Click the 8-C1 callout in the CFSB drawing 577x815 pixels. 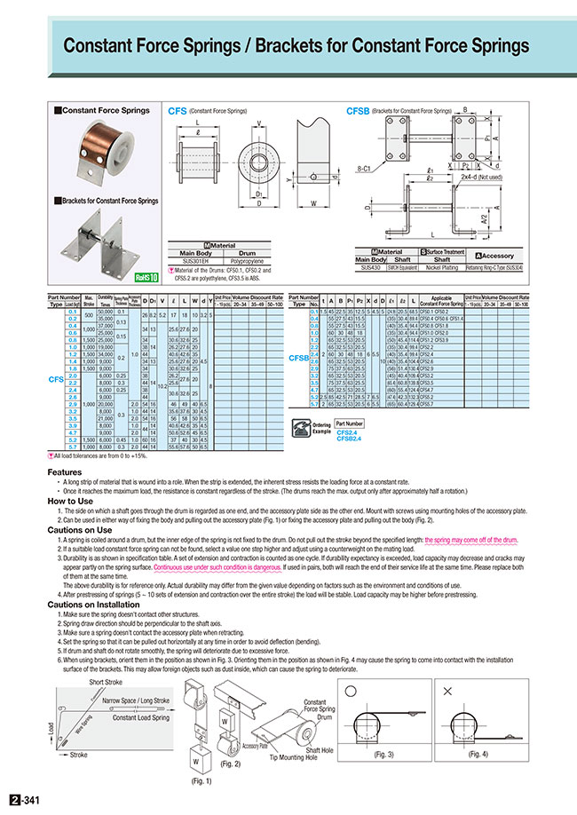coord(362,166)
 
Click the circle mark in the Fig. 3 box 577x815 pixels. coord(354,690)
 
